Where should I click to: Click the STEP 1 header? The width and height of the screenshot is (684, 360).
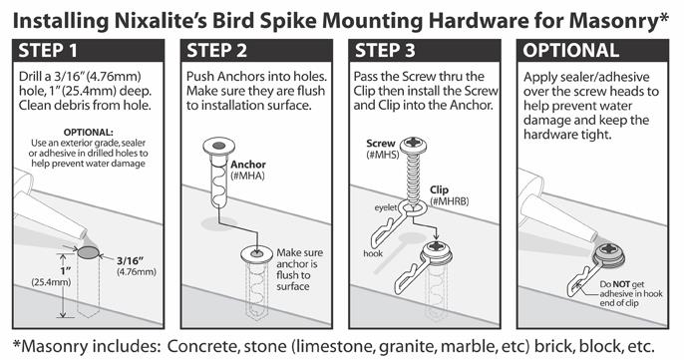click(x=48, y=51)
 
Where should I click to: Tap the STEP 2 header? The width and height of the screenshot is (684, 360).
click(x=216, y=51)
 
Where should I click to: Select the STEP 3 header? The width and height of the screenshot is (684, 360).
click(x=385, y=51)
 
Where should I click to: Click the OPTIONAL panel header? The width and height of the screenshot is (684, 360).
click(x=571, y=51)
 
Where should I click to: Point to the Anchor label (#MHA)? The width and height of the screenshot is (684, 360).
click(x=248, y=170)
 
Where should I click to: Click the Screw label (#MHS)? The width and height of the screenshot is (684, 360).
click(x=381, y=149)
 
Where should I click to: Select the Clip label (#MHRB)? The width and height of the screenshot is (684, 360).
click(x=449, y=195)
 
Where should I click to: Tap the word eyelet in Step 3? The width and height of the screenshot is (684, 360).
click(x=386, y=207)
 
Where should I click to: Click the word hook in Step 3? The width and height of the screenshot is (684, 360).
click(x=373, y=253)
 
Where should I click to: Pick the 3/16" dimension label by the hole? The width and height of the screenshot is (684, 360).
click(x=136, y=266)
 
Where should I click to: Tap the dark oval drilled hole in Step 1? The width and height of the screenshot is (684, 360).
click(x=88, y=252)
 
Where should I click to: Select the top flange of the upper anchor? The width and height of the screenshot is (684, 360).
click(x=219, y=146)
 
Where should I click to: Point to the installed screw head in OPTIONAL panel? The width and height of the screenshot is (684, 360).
click(x=608, y=252)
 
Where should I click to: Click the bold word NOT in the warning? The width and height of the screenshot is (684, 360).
click(x=621, y=284)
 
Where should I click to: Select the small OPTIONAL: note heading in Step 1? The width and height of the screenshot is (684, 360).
click(x=88, y=133)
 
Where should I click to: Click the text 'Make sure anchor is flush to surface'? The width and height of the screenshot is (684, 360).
click(x=300, y=269)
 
